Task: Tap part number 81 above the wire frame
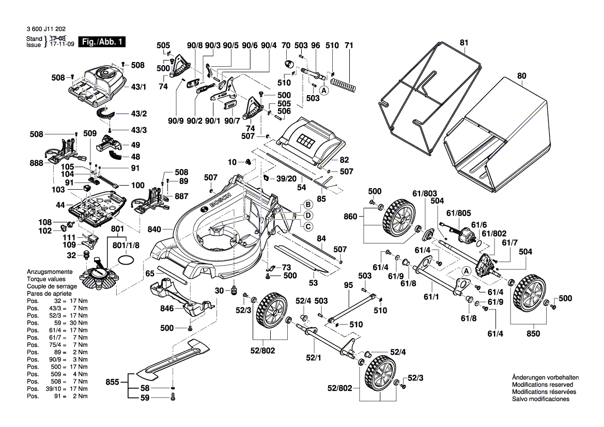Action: pos(463,43)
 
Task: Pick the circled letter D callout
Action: pos(307,215)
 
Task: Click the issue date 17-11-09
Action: pos(61,45)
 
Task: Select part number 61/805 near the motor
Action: pos(458,212)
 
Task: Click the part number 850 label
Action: pos(533,333)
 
